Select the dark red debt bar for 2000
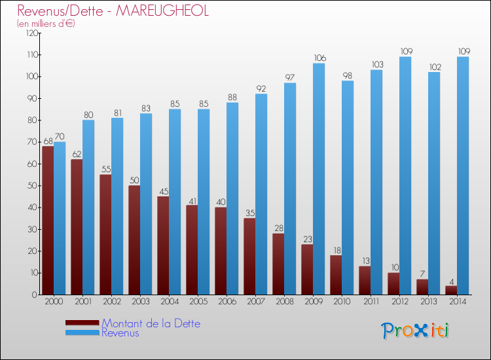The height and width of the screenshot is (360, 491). [48, 220]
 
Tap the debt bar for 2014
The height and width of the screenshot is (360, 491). [451, 290]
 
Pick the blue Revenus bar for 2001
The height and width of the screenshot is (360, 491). [88, 207]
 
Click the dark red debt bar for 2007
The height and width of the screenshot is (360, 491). [249, 256]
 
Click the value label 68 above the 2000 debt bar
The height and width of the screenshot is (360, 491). [47, 141]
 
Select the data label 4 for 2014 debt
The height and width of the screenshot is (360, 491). [451, 281]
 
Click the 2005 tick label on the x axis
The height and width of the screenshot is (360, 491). [197, 302]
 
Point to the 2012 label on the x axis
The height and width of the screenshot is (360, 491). [399, 302]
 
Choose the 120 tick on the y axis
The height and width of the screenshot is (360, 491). [30, 33]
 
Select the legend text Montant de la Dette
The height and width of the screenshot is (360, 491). [151, 323]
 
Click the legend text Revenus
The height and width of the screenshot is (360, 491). [120, 333]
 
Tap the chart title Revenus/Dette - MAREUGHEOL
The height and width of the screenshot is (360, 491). [113, 11]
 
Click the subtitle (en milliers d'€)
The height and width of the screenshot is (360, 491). [46, 24]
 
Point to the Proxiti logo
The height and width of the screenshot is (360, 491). [416, 331]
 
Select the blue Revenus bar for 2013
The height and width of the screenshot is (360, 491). [434, 183]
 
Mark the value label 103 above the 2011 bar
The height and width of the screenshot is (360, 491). [376, 65]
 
